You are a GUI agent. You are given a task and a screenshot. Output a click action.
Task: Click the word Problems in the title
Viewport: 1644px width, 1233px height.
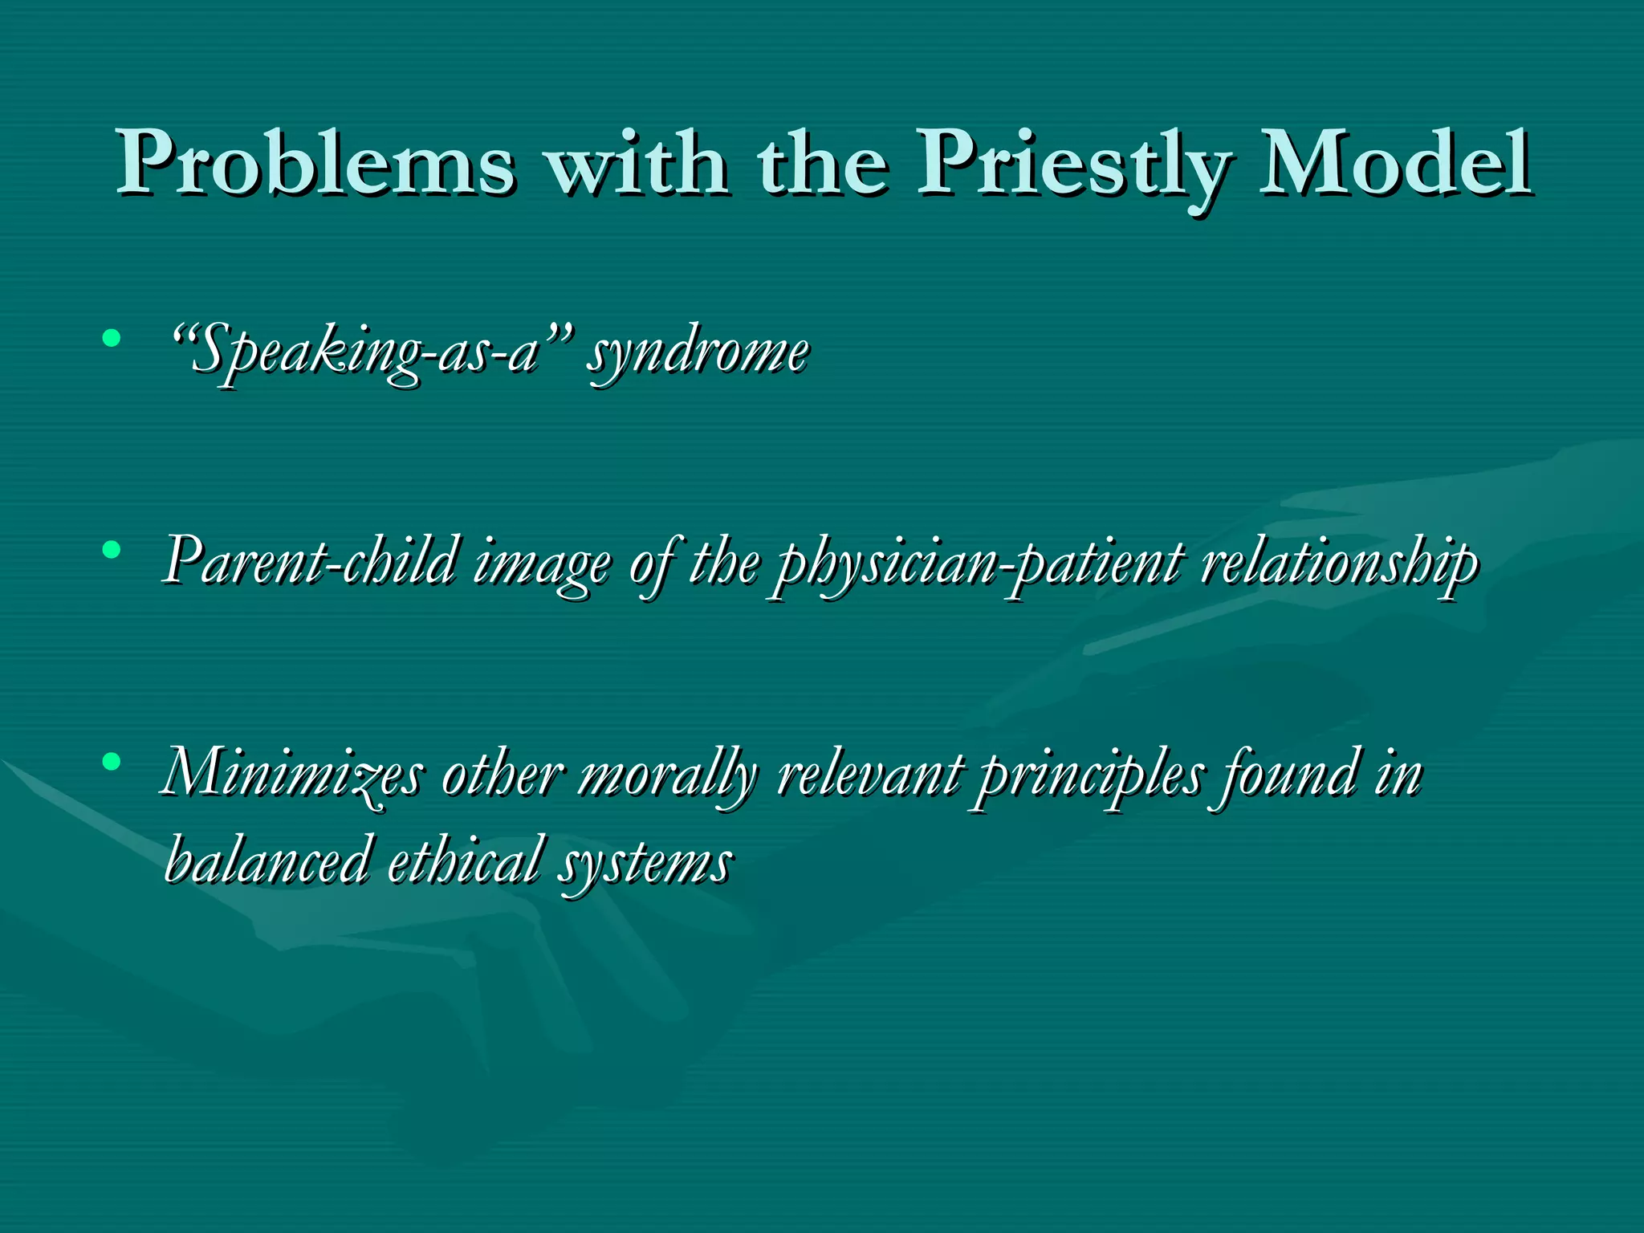[x=316, y=164]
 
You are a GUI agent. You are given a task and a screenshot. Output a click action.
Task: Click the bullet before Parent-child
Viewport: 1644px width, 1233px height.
[x=112, y=550]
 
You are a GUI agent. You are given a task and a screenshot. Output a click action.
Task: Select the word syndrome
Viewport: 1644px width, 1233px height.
[x=698, y=353]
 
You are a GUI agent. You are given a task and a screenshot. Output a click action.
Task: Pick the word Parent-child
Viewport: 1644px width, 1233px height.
[x=310, y=562]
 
